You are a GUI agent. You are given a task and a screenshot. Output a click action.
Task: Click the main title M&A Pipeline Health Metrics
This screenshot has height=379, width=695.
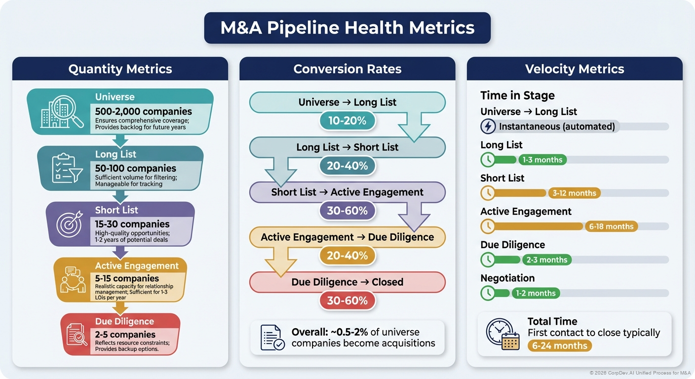pos(347,28)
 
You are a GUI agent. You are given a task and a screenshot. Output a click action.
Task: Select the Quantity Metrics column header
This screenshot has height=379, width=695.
pos(120,69)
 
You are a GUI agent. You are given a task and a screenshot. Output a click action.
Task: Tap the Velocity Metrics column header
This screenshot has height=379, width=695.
pos(575,69)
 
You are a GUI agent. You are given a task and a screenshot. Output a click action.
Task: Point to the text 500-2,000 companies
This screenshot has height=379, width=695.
pos(143,112)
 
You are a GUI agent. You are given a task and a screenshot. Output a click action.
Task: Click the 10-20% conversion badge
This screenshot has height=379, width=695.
pos(347,121)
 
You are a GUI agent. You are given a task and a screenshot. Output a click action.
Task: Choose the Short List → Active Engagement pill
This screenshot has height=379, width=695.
pos(347,192)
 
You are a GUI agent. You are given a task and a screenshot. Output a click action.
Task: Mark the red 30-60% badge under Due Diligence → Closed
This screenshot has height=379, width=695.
pos(347,301)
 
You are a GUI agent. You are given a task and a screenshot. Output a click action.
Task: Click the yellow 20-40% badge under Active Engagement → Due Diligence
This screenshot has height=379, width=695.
pos(347,255)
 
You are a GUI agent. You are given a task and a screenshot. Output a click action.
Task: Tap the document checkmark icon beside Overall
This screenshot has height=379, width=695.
pos(272,338)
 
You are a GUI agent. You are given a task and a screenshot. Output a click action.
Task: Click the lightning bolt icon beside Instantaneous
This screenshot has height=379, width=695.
pos(488,126)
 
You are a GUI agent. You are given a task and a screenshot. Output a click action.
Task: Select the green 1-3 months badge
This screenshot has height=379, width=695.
pos(541,160)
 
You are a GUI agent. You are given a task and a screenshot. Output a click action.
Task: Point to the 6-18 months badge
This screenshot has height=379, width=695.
pos(611,227)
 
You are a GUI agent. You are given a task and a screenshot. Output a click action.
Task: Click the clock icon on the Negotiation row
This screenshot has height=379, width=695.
pos(488,293)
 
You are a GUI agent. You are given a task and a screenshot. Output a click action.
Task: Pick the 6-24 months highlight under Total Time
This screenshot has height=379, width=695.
pos(559,345)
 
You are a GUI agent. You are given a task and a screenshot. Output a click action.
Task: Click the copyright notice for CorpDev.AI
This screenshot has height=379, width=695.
pos(640,373)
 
